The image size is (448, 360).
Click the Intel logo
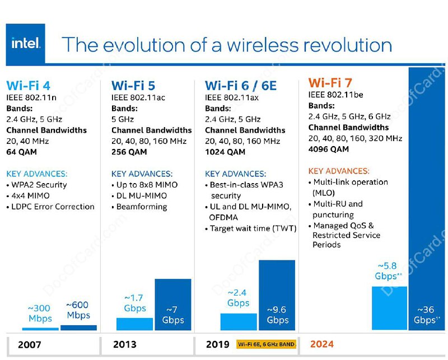26,43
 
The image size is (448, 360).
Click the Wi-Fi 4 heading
28,86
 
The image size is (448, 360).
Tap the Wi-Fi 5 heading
133,86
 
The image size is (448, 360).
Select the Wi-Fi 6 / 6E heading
240,86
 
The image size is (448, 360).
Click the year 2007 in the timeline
29,345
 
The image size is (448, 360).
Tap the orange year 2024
322,344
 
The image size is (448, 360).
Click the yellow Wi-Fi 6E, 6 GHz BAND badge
266,344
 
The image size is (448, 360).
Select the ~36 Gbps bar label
427,315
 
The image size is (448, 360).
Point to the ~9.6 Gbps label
277,315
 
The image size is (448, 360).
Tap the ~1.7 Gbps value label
134,303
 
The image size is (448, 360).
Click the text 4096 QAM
328,149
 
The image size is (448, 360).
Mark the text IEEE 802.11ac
138,98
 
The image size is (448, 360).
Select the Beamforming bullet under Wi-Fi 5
142,207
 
